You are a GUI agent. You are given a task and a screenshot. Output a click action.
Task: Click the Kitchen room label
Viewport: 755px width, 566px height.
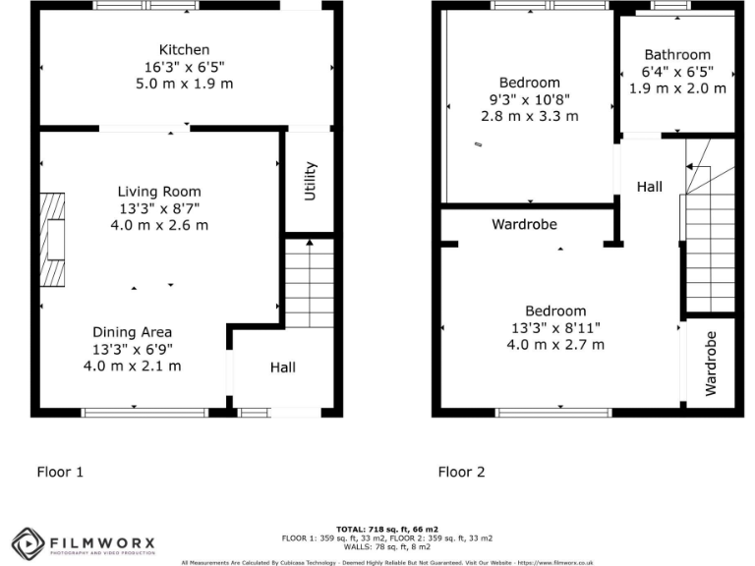pos(185,50)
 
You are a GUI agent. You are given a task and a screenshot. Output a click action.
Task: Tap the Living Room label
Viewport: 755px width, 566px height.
pos(159,192)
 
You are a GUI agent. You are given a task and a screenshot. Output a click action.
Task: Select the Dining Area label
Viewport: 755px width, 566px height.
pos(132,332)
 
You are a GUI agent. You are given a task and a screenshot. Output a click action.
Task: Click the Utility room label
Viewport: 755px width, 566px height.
pos(311,182)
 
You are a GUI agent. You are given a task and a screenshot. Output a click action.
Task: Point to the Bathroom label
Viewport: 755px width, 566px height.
pos(677,55)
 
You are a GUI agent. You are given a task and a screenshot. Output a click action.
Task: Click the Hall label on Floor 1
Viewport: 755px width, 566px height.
pos(283,368)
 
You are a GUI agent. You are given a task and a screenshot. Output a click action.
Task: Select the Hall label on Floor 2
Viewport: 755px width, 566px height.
pos(649,187)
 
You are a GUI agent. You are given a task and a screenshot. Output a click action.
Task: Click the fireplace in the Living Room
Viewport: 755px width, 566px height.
pos(54,237)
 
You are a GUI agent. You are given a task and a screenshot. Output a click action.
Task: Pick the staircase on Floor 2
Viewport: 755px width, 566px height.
pos(709,241)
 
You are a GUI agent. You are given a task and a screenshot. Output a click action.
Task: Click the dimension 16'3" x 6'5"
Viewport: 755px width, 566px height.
pos(185,67)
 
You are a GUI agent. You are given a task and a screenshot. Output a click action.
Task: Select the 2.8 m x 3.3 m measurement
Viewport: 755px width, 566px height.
pos(529,116)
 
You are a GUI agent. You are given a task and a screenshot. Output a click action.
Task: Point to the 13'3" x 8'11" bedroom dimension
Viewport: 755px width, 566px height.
pos(555,328)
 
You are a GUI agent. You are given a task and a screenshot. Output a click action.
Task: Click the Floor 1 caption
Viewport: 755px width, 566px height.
pos(60,472)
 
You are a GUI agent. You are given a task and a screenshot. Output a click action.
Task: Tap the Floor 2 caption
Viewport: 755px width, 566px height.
pos(461,472)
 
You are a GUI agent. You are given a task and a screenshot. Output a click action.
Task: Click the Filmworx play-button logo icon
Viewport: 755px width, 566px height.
pos(29,541)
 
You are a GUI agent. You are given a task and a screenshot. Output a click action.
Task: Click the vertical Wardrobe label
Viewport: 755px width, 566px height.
pos(711,364)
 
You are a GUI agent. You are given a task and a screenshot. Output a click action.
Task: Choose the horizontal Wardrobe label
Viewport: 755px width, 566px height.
pos(524,224)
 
